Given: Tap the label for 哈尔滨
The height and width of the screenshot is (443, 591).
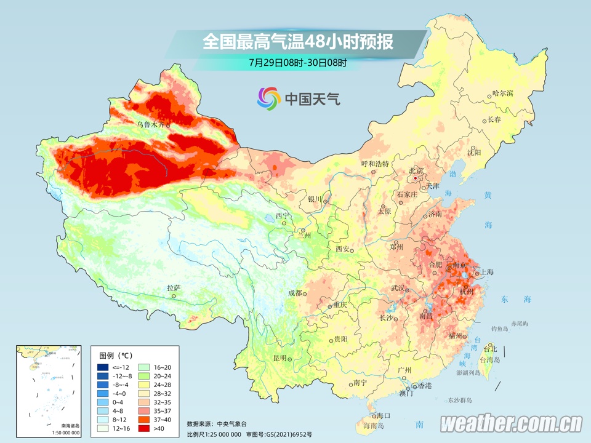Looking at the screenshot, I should pos(503,94).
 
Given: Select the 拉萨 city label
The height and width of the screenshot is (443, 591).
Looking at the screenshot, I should pos(173,287).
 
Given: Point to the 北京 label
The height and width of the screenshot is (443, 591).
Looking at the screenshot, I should pos(417,170).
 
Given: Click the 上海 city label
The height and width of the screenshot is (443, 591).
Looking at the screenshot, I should pos(486,271).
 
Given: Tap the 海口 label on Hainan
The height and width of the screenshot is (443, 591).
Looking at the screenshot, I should pos(384,415).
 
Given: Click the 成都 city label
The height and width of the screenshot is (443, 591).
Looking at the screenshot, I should pos(295,293).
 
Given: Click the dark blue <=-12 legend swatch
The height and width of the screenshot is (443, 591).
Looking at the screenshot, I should pos(103,367).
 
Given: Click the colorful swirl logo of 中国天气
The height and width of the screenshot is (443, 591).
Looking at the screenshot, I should pos(269,97).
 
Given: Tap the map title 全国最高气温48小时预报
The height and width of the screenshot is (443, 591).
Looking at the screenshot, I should pos(298,42).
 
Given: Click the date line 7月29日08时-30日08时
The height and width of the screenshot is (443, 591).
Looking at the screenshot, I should pos(298,62).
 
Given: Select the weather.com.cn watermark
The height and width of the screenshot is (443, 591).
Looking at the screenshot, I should pos(511,423).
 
